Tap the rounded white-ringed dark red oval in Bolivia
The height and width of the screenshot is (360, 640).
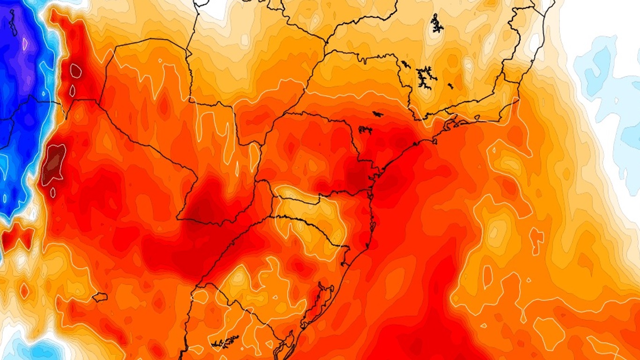[75, 71]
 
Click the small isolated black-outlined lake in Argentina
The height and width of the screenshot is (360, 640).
[99, 297]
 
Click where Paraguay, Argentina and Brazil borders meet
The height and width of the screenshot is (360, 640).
[257, 180]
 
